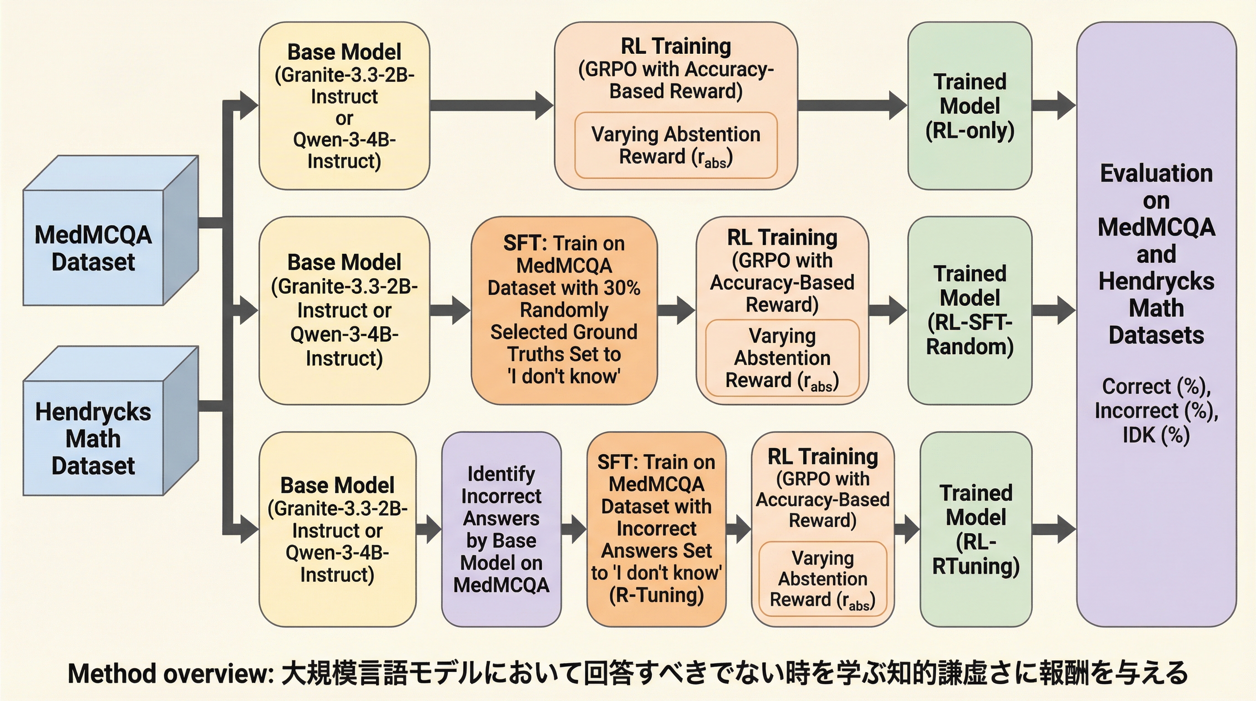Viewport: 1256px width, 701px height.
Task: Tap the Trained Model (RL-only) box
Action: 969,106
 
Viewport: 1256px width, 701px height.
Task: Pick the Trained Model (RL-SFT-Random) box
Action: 969,310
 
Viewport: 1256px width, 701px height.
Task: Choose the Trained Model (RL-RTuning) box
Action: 976,529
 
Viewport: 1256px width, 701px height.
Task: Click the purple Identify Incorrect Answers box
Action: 501,529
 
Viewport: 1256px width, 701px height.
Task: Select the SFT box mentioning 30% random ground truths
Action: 564,310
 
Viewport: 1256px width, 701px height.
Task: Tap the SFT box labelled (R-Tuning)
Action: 656,529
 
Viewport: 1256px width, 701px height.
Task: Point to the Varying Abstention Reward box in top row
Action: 676,145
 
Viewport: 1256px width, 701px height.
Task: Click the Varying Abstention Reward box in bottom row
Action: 822,579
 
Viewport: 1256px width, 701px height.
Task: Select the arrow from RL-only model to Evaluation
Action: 1053,105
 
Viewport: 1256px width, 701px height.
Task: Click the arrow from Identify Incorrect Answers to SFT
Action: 574,529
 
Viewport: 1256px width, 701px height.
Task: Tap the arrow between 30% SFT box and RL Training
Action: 676,310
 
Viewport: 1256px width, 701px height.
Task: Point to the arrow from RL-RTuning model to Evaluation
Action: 1053,529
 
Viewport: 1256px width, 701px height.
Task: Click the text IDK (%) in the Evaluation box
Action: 1156,435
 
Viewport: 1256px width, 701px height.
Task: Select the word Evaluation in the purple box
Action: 1156,173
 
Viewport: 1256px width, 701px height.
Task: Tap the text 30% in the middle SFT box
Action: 622,288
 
